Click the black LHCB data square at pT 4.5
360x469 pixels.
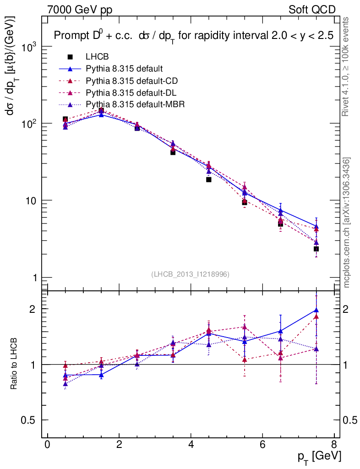[x=208, y=180]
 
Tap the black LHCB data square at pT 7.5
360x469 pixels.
[x=316, y=249]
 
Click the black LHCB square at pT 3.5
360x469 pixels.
[x=173, y=152]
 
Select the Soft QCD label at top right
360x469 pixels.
[x=312, y=10]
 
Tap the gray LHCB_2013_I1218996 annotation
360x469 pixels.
[x=190, y=274]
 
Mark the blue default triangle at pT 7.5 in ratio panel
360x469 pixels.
[x=316, y=310]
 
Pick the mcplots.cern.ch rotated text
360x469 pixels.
[x=347, y=222]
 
